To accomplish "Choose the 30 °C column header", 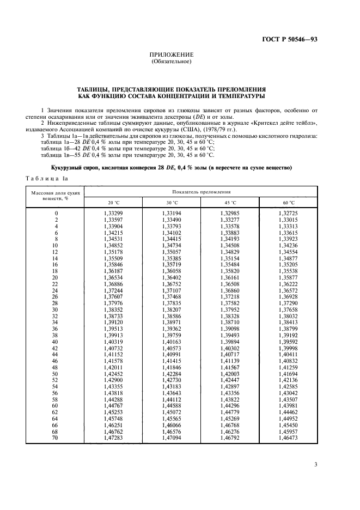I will tap(171, 202).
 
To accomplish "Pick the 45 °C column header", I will tap(229, 202).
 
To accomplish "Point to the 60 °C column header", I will tap(288, 202).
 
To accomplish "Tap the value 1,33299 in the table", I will tap(113, 212).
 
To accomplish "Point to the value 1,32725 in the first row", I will tap(288, 212).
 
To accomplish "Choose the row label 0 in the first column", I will tap(57, 212).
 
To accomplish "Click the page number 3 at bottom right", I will tap(316, 465).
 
